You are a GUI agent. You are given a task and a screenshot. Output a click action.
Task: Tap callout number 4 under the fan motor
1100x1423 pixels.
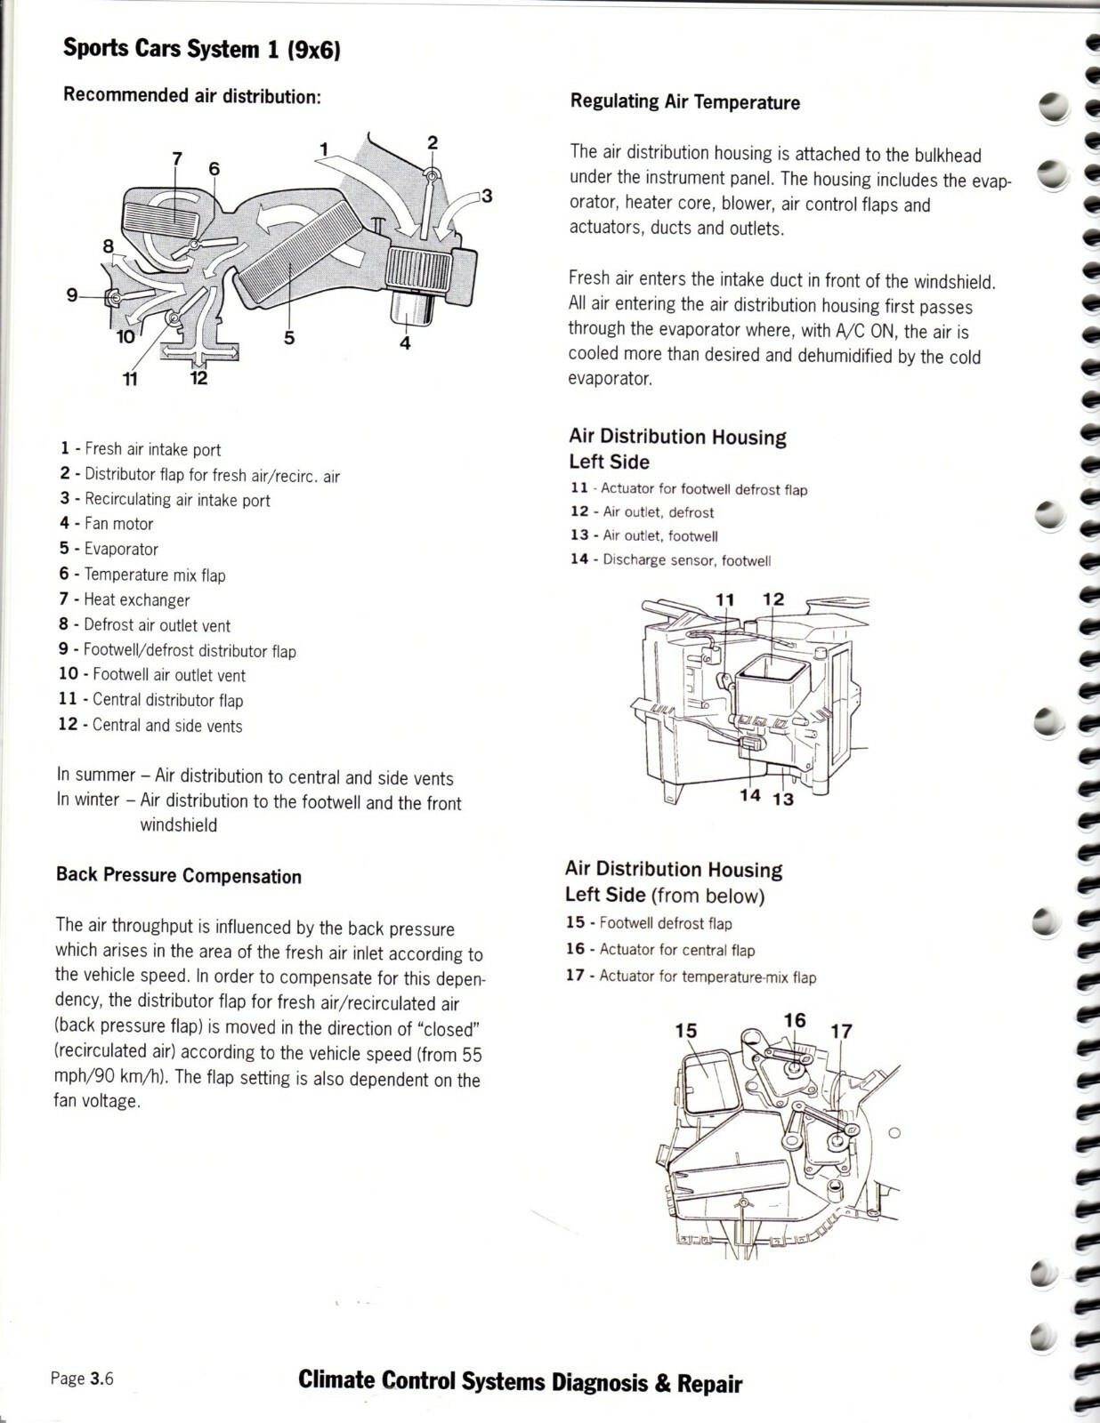coord(406,343)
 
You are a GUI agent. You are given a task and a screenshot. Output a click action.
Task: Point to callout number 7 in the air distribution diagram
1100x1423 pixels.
coord(176,158)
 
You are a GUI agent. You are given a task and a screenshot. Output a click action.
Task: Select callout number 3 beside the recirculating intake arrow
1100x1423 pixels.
coord(486,197)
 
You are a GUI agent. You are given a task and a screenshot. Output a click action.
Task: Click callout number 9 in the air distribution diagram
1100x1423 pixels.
coord(72,295)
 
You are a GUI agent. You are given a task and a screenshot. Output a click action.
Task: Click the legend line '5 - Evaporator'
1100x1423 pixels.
coord(109,549)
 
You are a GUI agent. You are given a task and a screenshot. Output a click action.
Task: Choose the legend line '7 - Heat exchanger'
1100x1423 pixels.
coord(124,599)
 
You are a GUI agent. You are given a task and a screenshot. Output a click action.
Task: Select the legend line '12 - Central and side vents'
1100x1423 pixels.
coord(150,726)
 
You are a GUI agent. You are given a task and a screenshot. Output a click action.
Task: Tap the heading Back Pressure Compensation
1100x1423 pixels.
coord(178,876)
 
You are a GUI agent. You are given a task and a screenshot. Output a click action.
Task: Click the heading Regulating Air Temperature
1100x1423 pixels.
coord(684,102)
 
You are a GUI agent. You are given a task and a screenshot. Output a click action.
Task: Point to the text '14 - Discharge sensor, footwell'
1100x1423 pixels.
coord(670,560)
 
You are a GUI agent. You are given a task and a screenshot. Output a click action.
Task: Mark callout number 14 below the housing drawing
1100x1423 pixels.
coord(750,795)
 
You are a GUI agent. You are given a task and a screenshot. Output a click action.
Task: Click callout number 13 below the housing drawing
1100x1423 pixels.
coord(783,800)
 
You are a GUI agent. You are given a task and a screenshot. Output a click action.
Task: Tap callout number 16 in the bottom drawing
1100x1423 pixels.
coord(795,1020)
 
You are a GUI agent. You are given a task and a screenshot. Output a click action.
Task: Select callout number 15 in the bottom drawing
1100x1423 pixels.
coord(686,1030)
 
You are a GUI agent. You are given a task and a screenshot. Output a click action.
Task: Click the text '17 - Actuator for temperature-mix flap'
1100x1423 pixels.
coord(692,995)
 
